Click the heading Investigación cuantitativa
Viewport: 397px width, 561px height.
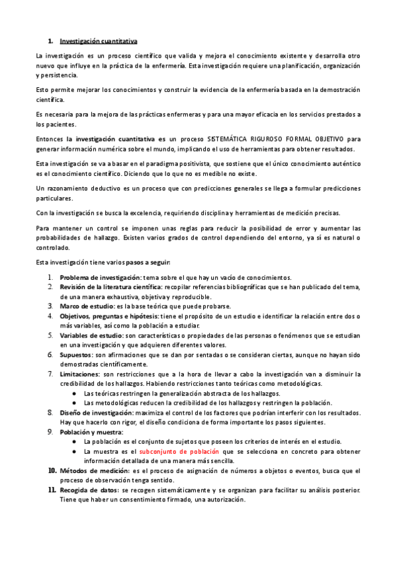(98, 41)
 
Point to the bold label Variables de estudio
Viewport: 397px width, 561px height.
(93, 335)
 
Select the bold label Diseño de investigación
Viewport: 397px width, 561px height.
(97, 412)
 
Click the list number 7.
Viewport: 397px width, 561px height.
(51, 374)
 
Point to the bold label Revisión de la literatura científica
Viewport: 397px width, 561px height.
(115, 287)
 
